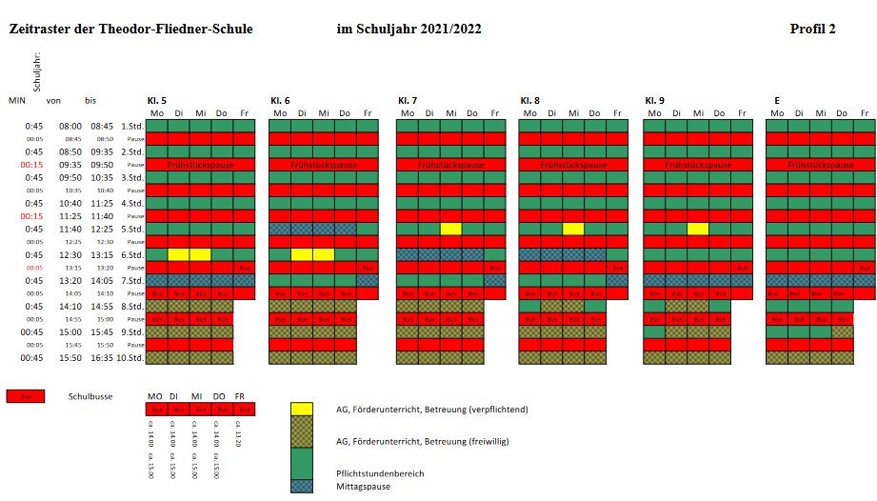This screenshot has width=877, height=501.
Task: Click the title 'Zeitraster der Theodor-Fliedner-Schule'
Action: (x=131, y=29)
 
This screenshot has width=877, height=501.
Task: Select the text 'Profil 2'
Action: (x=812, y=29)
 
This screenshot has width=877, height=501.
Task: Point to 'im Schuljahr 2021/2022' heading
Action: (x=409, y=29)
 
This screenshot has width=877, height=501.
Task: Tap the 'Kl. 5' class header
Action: (x=156, y=100)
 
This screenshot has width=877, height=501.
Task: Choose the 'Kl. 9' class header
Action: (x=654, y=100)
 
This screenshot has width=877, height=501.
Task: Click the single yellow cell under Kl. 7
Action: (x=450, y=229)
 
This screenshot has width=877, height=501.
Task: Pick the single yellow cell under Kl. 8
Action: (x=573, y=229)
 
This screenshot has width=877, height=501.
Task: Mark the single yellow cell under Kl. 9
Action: (x=698, y=229)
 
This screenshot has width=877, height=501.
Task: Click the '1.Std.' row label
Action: (x=131, y=126)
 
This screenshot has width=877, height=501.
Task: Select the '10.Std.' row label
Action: (x=130, y=358)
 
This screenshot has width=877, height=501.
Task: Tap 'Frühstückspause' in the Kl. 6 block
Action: (x=326, y=165)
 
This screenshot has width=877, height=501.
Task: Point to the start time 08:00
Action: (x=70, y=126)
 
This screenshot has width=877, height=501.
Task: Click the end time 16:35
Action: (x=102, y=358)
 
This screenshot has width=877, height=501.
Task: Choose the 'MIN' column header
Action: (x=16, y=100)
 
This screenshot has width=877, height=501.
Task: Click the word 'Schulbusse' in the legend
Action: (x=90, y=395)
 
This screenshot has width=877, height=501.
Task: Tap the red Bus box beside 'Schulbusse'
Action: (x=26, y=395)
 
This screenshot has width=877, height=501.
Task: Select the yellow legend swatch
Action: (x=302, y=410)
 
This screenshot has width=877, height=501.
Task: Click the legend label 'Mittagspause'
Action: (x=364, y=487)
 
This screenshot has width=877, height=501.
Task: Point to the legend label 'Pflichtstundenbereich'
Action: (x=381, y=473)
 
